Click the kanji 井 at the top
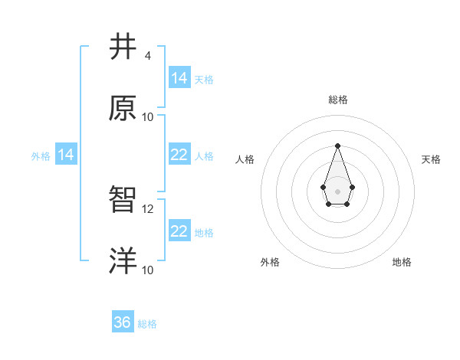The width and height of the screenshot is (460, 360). click(x=123, y=47)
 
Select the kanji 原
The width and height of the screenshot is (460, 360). click(x=123, y=108)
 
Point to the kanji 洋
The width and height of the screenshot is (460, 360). click(x=123, y=261)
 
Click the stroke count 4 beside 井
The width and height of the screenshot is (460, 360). click(x=148, y=56)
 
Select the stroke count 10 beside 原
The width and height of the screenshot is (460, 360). click(x=148, y=116)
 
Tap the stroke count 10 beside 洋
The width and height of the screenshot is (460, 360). click(x=148, y=270)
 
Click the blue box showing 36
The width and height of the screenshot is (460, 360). click(x=123, y=322)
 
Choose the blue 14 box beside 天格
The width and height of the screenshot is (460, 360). click(x=179, y=78)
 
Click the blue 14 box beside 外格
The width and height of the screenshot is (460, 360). click(x=66, y=155)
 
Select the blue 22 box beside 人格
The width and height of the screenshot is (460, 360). click(x=179, y=155)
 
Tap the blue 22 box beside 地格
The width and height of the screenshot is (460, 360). click(x=179, y=231)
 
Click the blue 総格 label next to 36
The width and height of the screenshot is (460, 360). click(x=147, y=324)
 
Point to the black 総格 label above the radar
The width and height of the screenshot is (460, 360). click(x=337, y=100)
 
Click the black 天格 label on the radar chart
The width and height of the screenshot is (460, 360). click(x=431, y=159)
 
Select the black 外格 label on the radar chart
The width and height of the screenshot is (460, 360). click(x=270, y=262)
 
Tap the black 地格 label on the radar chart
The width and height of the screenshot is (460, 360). click(x=402, y=262)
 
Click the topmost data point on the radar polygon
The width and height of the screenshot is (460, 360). click(x=337, y=146)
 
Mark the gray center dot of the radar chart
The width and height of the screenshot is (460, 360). click(x=337, y=190)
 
